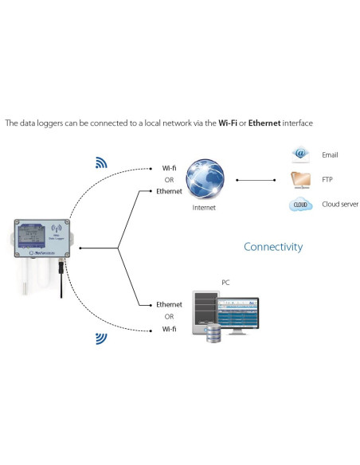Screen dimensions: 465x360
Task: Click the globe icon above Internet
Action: pyautogui.click(x=204, y=180)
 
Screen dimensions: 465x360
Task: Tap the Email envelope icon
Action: pyautogui.click(x=300, y=154)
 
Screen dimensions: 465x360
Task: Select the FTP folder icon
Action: pyautogui.click(x=300, y=179)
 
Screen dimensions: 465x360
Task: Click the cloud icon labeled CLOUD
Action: pyautogui.click(x=300, y=205)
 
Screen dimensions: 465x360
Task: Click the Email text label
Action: pyautogui.click(x=330, y=154)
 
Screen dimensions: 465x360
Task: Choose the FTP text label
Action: pyautogui.click(x=327, y=179)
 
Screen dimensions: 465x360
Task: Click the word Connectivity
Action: pyautogui.click(x=273, y=247)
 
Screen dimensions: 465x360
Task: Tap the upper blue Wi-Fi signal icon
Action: pyautogui.click(x=101, y=163)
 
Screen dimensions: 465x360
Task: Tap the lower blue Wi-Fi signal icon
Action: pyautogui.click(x=101, y=338)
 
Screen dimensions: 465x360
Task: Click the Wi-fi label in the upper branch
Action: pyautogui.click(x=169, y=169)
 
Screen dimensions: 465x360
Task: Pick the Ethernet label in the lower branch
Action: pyautogui.click(x=169, y=305)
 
